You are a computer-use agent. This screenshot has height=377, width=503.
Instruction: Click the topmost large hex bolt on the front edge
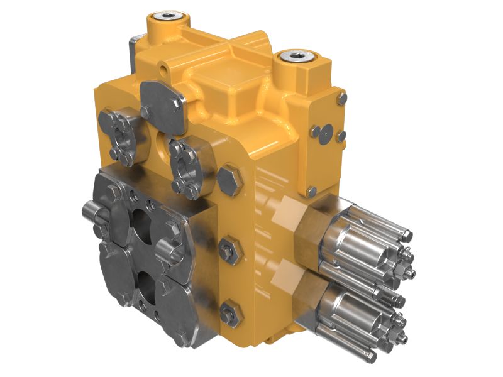pyautogui.click(x=230, y=178)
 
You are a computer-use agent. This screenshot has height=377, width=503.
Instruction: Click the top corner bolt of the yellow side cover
pyautogui.click(x=341, y=98)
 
